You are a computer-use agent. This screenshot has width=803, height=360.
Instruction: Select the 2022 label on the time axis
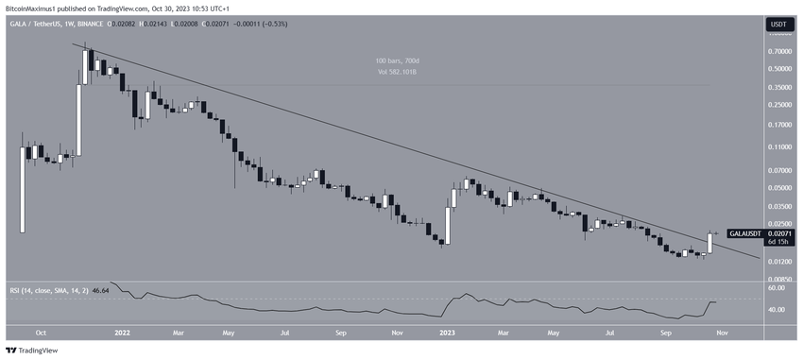(x=122, y=333)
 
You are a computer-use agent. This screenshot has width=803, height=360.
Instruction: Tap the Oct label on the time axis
(x=41, y=333)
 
